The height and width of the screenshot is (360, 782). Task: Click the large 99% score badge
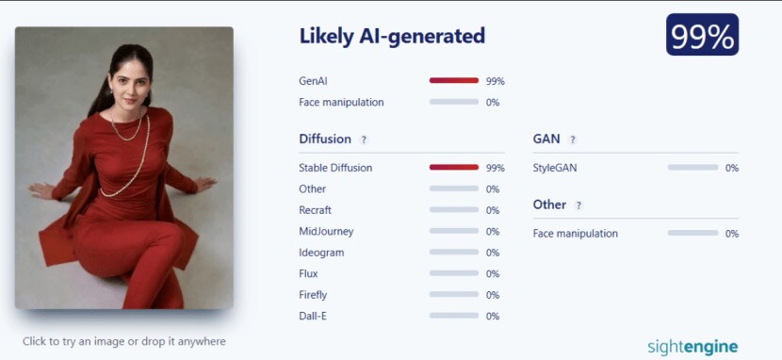[x=702, y=35]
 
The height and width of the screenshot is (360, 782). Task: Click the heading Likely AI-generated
[x=392, y=37]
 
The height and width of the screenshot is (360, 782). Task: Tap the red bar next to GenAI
[x=454, y=80]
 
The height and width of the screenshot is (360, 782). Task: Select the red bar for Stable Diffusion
[x=454, y=168]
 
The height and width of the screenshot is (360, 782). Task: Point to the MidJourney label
[x=326, y=231]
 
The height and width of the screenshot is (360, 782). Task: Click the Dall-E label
[x=313, y=316]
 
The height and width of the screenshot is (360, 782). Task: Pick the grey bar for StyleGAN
[x=692, y=168]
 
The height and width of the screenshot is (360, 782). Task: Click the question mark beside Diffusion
[x=364, y=140]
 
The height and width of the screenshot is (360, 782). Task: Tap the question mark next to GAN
[x=573, y=140]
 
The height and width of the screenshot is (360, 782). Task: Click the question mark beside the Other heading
[x=578, y=205]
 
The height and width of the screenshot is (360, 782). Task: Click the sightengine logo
[x=692, y=347]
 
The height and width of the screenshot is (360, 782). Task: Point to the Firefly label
[x=313, y=295]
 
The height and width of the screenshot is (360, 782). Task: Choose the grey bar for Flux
[x=454, y=273]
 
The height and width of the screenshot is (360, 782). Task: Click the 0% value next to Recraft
[x=493, y=210]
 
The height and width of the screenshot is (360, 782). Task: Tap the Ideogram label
[x=321, y=253]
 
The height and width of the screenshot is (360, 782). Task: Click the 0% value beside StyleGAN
[x=732, y=168]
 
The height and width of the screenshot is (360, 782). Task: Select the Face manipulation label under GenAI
[x=342, y=102]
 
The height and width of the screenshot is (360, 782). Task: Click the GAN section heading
[x=546, y=139]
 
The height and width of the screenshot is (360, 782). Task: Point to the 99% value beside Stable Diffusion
[x=496, y=168]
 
